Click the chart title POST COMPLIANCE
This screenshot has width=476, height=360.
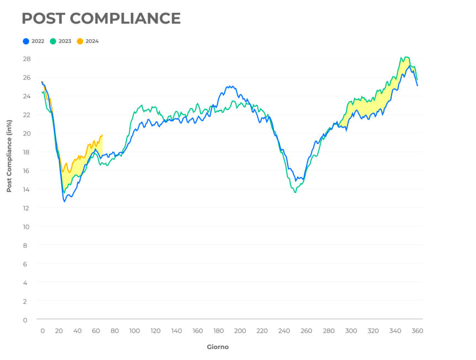(x=101, y=18)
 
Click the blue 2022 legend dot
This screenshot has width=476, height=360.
(x=26, y=41)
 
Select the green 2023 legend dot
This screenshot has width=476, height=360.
(x=53, y=41)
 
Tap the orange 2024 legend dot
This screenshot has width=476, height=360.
(x=80, y=41)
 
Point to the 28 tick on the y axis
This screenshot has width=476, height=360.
(x=26, y=59)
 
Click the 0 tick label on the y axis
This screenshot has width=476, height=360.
(x=25, y=320)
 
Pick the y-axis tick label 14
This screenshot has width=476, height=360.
(x=26, y=189)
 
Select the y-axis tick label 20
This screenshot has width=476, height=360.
(x=26, y=133)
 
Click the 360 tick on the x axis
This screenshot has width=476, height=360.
(x=418, y=331)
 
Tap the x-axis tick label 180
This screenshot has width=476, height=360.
(x=219, y=331)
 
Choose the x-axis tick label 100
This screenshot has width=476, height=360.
(x=134, y=331)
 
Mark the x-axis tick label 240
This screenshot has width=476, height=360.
(x=284, y=331)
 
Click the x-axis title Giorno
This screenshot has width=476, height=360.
(x=218, y=347)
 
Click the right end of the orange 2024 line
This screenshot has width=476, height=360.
(x=102, y=135)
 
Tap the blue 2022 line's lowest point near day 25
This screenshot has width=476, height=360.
(x=64, y=201)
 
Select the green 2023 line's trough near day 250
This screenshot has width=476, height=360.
(x=295, y=192)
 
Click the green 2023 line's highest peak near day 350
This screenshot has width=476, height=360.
(x=405, y=57)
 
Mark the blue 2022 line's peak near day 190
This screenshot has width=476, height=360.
(x=229, y=86)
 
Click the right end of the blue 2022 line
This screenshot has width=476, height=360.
(x=417, y=86)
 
